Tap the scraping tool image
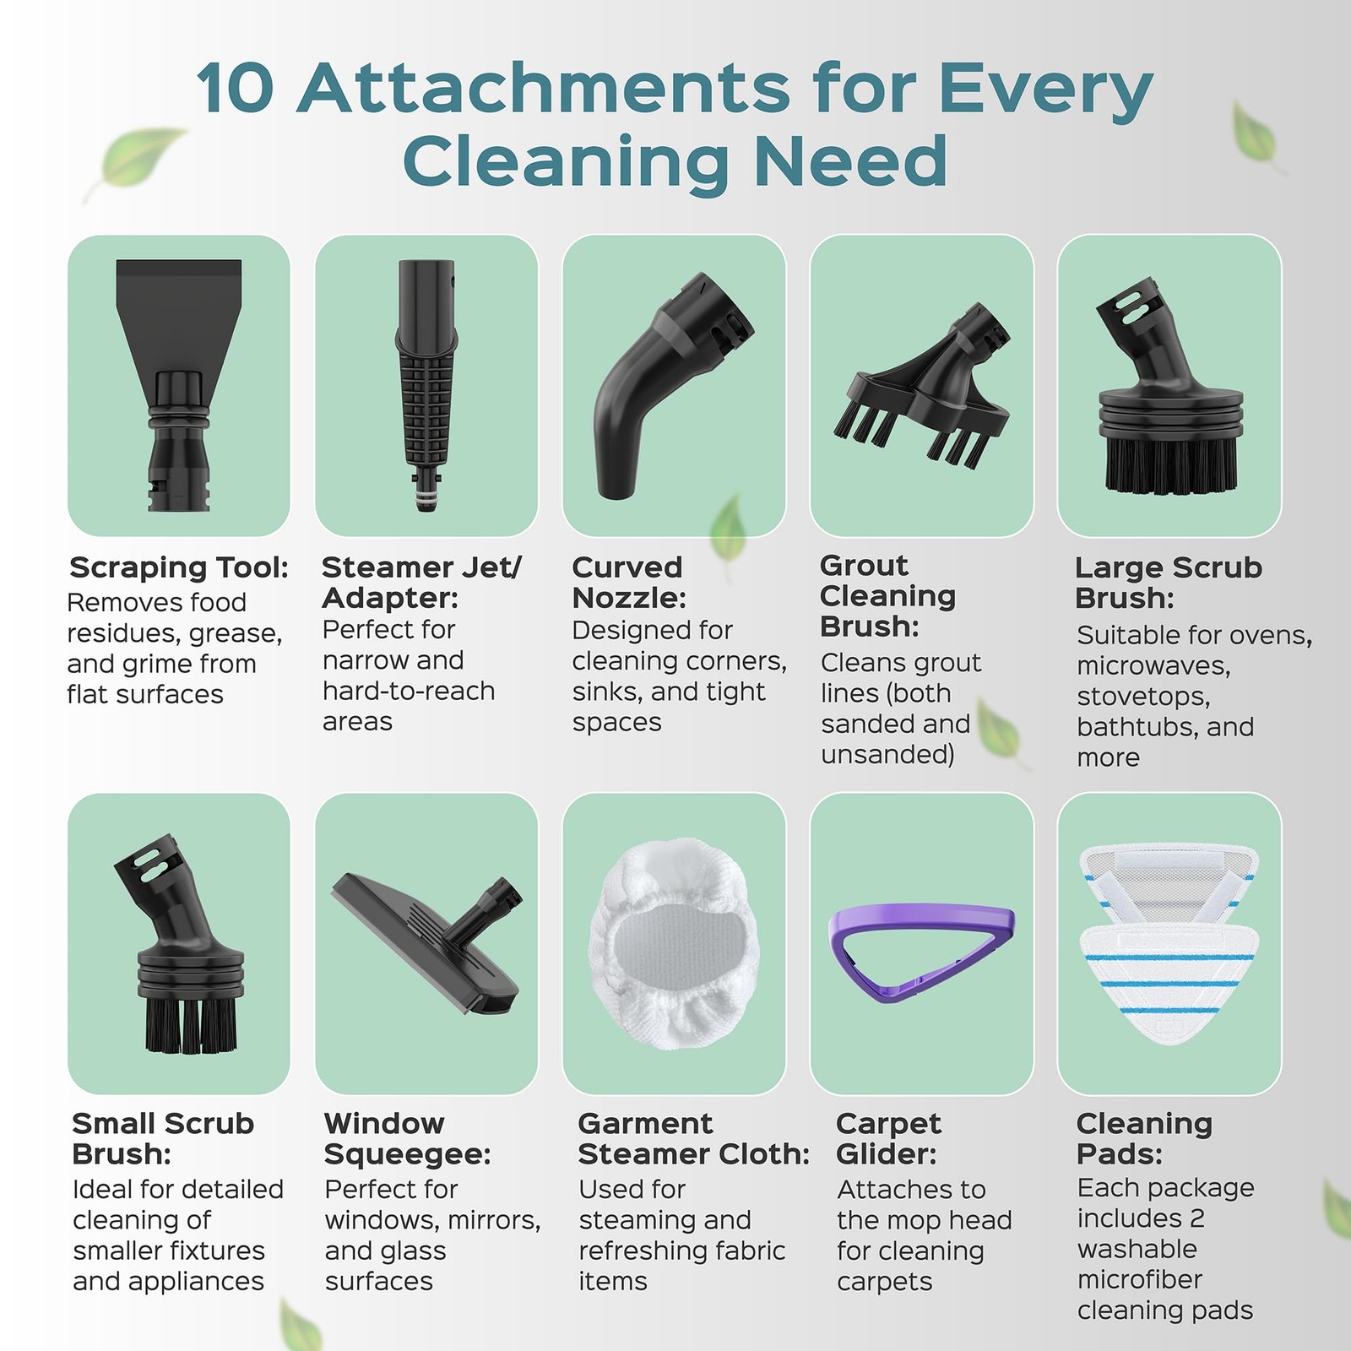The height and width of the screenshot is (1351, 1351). (179, 384)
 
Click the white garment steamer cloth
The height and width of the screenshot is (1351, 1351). (673, 944)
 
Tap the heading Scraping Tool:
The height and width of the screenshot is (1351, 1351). (179, 567)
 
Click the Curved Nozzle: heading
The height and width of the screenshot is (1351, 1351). (629, 583)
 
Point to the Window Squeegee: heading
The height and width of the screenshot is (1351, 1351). (408, 1138)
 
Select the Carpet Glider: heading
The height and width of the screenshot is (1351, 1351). (888, 1138)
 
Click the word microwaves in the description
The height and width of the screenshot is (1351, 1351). (1153, 665)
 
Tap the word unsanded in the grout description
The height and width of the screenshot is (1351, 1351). (887, 754)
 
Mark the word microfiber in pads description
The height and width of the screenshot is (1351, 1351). (1140, 1279)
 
